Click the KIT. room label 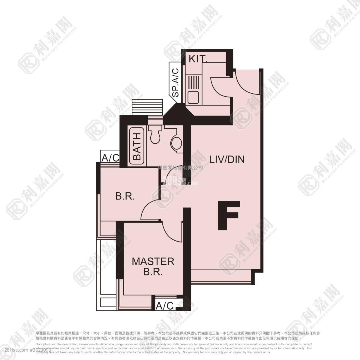coord(198,59)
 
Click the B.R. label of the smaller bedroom coord(125,197)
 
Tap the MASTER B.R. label coord(153,266)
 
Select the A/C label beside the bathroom coord(110,158)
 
